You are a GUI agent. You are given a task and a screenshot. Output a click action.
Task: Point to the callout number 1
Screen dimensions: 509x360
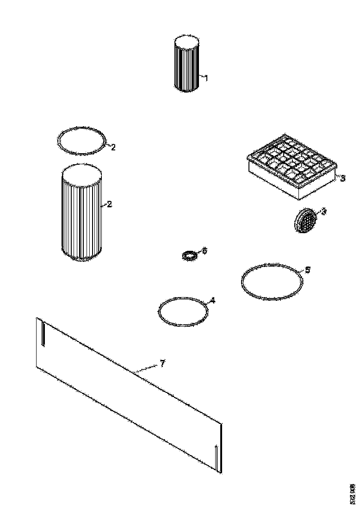[206, 78]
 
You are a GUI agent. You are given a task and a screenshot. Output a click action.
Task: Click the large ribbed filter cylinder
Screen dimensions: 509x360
[81, 217]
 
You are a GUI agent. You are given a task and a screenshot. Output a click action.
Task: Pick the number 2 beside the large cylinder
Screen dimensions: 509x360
[110, 204]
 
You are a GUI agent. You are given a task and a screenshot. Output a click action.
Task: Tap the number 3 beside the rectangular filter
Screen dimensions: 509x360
[342, 178]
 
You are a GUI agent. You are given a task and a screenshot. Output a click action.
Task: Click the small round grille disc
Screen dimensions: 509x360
[306, 221]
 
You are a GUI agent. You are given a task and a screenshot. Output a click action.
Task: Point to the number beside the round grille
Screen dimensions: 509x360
[324, 211]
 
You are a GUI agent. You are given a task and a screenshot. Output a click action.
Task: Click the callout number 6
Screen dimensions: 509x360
[205, 250]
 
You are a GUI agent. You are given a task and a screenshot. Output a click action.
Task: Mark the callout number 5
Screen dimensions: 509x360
[308, 269]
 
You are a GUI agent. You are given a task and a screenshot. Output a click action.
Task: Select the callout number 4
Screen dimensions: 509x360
[212, 300]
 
